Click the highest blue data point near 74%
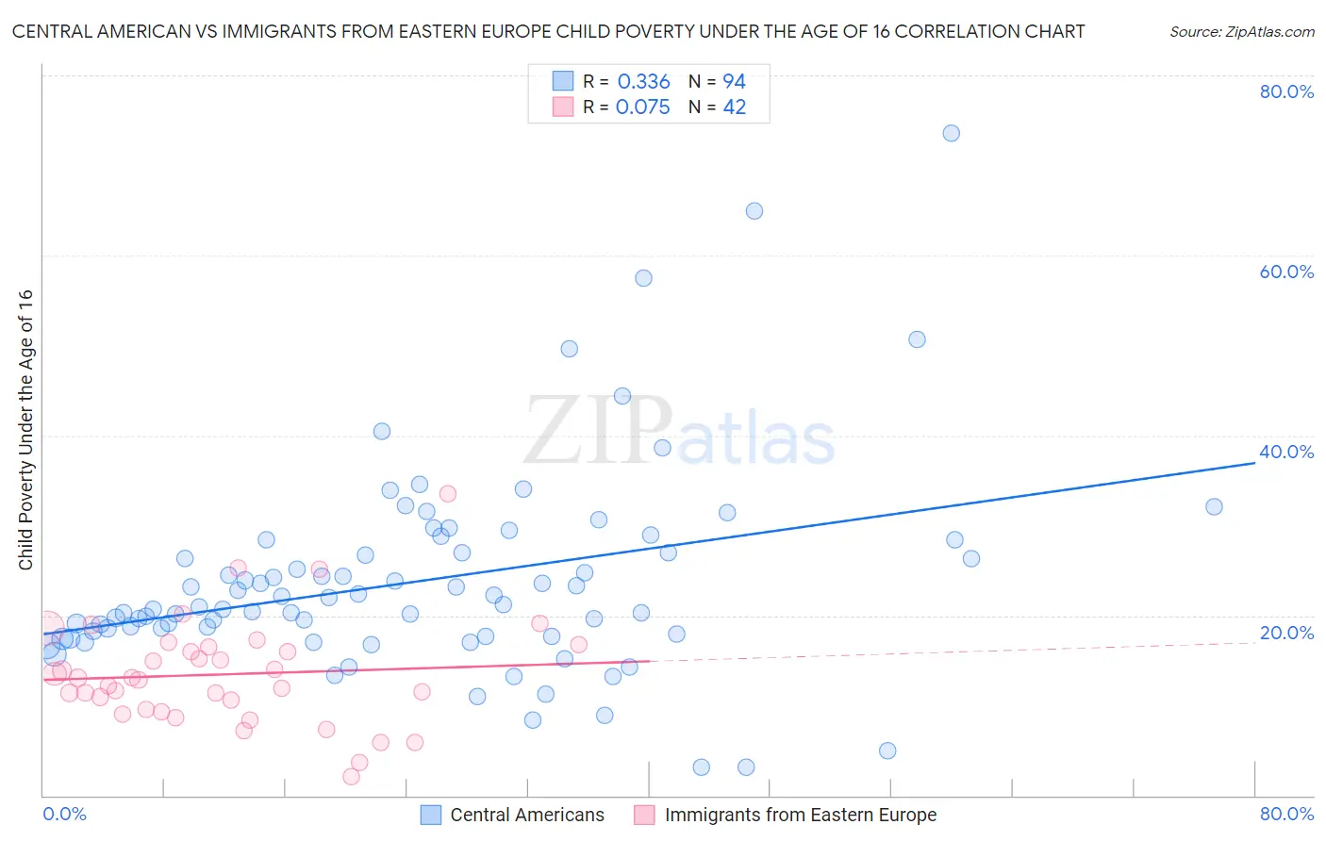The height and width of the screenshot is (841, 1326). click(x=951, y=133)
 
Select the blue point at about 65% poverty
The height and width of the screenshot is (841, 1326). click(x=754, y=211)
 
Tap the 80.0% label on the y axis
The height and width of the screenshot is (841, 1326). click(x=1286, y=91)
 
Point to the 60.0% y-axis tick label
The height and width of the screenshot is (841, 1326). click(x=1286, y=272)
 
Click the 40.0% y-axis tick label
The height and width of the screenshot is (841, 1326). click(x=1286, y=452)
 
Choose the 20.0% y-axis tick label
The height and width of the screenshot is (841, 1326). click(x=1286, y=633)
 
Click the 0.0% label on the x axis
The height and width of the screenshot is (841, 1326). click(x=64, y=814)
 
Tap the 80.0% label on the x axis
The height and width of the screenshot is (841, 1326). click(x=1286, y=814)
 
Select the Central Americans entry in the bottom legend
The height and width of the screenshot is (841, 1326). click(x=526, y=815)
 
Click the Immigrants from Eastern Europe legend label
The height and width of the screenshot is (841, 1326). click(x=800, y=815)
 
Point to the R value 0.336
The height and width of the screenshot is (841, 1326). click(x=643, y=82)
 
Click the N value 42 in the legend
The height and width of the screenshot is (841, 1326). click(x=734, y=107)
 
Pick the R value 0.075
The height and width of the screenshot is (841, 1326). click(x=642, y=107)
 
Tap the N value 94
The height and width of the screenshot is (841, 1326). click(x=734, y=82)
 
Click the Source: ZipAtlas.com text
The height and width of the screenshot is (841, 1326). click(x=1241, y=32)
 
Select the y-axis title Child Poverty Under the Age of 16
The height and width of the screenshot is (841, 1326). click(x=26, y=429)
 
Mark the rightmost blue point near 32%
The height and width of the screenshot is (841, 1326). click(x=1214, y=506)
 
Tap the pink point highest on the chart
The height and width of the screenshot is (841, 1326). click(x=448, y=493)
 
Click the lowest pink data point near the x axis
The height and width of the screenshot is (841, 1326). click(x=351, y=777)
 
